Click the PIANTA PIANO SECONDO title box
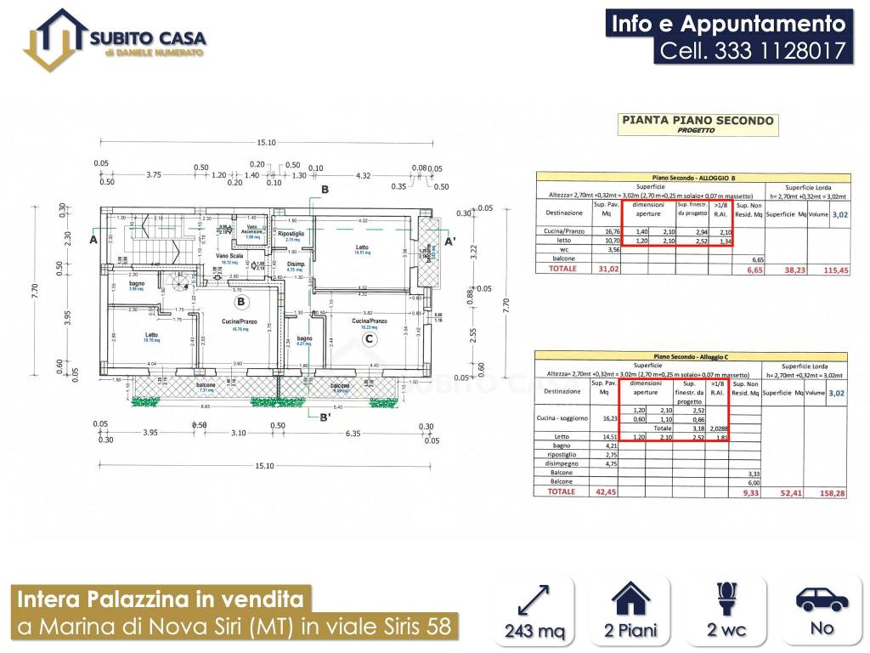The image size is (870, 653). (698, 124)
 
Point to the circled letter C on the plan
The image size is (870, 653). (368, 339)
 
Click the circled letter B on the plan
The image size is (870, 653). (241, 301)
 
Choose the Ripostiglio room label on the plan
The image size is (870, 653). (291, 234)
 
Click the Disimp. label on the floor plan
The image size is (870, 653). (295, 264)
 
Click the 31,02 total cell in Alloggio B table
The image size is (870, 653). (607, 269)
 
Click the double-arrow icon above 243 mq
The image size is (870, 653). (533, 598)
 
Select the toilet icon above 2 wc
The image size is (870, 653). (726, 598)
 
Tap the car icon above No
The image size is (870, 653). (822, 599)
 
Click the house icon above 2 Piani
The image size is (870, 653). (630, 598)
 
